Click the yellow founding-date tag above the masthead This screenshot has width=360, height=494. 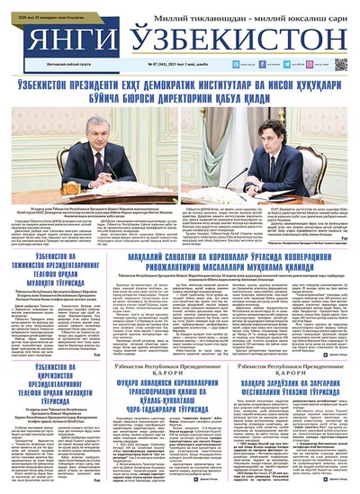(43, 5)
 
